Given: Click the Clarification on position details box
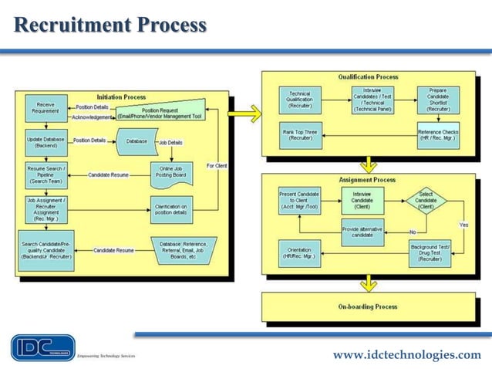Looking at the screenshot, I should coord(171,209).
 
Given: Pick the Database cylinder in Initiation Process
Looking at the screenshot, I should coord(136,141).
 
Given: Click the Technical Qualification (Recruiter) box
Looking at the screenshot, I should coord(298,100).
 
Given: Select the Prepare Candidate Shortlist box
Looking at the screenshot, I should coord(437,100).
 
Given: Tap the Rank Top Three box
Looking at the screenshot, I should coord(298,135).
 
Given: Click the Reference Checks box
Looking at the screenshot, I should coord(437,135).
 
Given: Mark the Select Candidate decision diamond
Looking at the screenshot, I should coord(426,201).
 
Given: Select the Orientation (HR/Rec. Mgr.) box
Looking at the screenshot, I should coord(298,253).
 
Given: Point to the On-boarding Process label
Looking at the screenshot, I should coord(368,306).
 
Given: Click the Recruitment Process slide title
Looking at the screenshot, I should coord(110,25).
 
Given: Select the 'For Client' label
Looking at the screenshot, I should coord(217,166).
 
